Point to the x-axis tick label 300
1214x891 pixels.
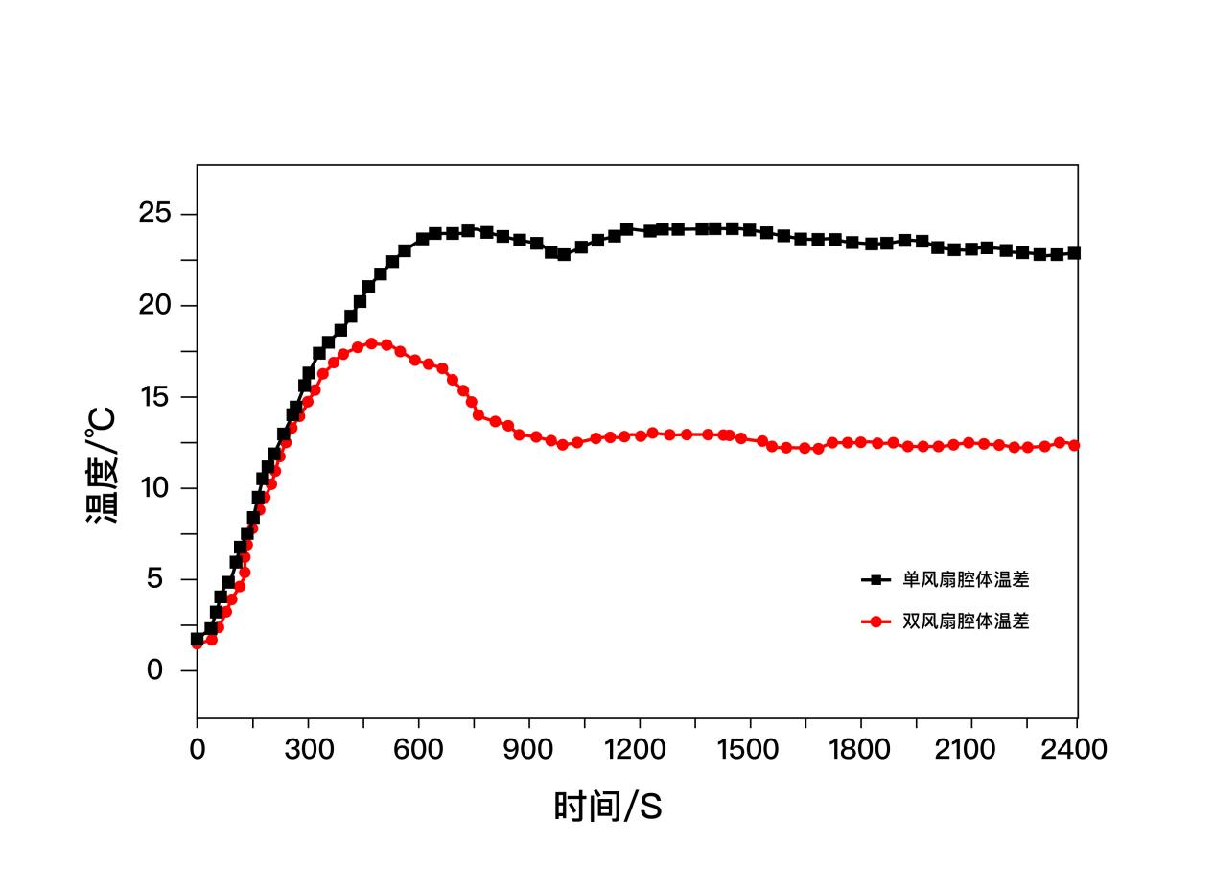pyautogui.click(x=309, y=749)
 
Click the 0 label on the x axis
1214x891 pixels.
pyautogui.click(x=198, y=749)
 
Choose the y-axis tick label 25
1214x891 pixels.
pyautogui.click(x=155, y=214)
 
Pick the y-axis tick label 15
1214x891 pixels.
pyautogui.click(x=155, y=397)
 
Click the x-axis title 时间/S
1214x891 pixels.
pyautogui.click(x=607, y=807)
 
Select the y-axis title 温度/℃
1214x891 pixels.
pyautogui.click(x=102, y=465)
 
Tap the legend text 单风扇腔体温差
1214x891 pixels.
pyautogui.click(x=966, y=579)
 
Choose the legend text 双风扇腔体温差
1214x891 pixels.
pyautogui.click(x=966, y=621)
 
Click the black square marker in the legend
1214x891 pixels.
pyautogui.click(x=875, y=579)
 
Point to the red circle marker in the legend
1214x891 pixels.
pyautogui.click(x=875, y=621)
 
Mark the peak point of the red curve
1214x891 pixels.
pyautogui.click(x=371, y=343)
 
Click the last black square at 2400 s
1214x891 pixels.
pyautogui.click(x=1074, y=253)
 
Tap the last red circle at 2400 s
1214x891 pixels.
pyautogui.click(x=1074, y=445)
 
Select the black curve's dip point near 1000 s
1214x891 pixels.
pyautogui.click(x=564, y=254)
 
